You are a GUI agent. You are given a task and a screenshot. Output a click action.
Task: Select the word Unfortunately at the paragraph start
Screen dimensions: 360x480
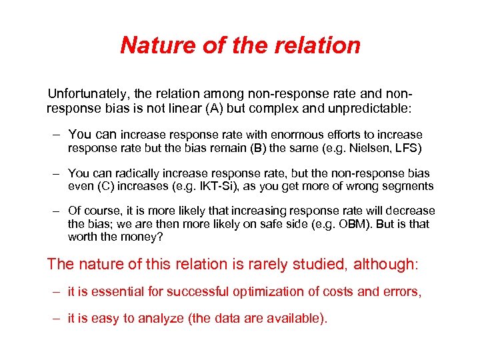[85, 93]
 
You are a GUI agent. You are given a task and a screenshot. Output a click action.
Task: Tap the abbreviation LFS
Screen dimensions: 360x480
[407, 147]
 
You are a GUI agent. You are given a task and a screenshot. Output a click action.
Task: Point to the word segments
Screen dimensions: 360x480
[408, 186]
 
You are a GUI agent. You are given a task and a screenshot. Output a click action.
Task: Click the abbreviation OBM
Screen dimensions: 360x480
[355, 224]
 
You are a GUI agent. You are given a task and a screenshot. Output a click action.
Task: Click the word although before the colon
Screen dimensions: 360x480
[383, 264]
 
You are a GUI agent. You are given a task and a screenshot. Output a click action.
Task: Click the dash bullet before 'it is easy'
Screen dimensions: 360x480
[59, 318]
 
